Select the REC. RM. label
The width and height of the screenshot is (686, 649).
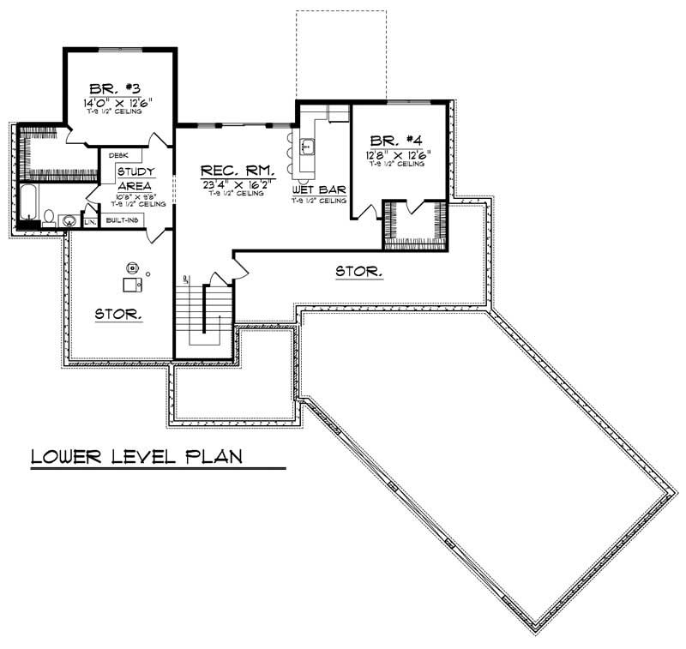237,170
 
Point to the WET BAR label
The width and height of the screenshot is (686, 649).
318,189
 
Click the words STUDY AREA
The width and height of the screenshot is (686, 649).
135,178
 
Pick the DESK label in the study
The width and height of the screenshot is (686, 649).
118,155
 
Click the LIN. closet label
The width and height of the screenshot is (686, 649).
91,222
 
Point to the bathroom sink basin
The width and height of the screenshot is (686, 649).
68,221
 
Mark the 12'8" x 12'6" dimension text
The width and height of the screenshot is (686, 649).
395,154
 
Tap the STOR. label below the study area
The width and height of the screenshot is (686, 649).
118,314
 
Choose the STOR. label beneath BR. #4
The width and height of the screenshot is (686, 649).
358,272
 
